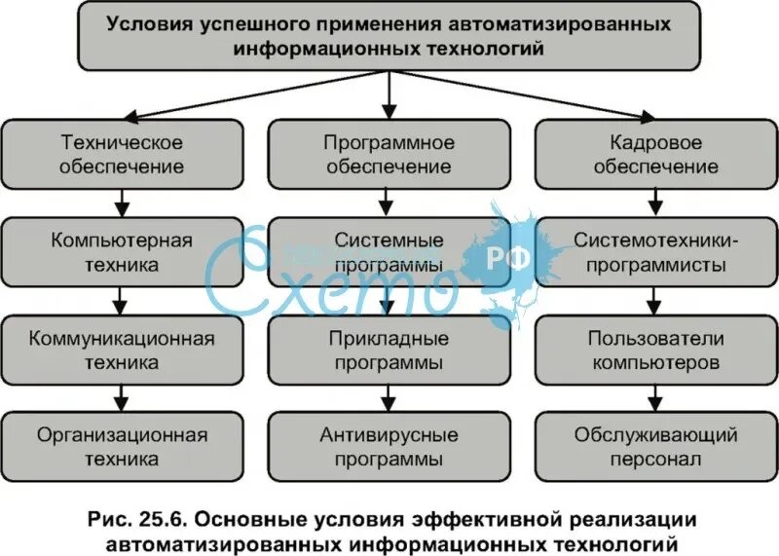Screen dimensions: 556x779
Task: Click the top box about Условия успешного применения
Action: [389, 35]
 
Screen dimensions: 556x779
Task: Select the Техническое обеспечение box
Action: [122, 154]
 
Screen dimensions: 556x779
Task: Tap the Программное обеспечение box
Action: [389, 154]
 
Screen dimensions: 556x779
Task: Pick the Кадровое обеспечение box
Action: [655, 154]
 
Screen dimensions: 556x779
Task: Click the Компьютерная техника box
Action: [122, 251]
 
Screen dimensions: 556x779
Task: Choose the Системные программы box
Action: [389, 251]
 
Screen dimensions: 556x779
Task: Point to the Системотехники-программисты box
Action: [655, 251]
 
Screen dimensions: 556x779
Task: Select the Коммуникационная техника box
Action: [122, 350]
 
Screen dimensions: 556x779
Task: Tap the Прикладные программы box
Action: [389, 350]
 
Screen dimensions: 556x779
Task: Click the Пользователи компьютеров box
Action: [655, 350]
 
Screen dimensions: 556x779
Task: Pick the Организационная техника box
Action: [122, 446]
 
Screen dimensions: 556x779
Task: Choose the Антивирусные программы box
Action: [389, 446]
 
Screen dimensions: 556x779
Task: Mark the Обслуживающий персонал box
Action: [655, 446]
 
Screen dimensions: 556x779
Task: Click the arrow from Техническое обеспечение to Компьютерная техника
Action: [122, 203]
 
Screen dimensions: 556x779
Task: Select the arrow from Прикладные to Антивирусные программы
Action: [389, 397]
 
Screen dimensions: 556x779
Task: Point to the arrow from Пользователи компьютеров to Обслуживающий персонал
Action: [655, 397]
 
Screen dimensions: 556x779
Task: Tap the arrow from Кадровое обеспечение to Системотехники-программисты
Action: [655, 203]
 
